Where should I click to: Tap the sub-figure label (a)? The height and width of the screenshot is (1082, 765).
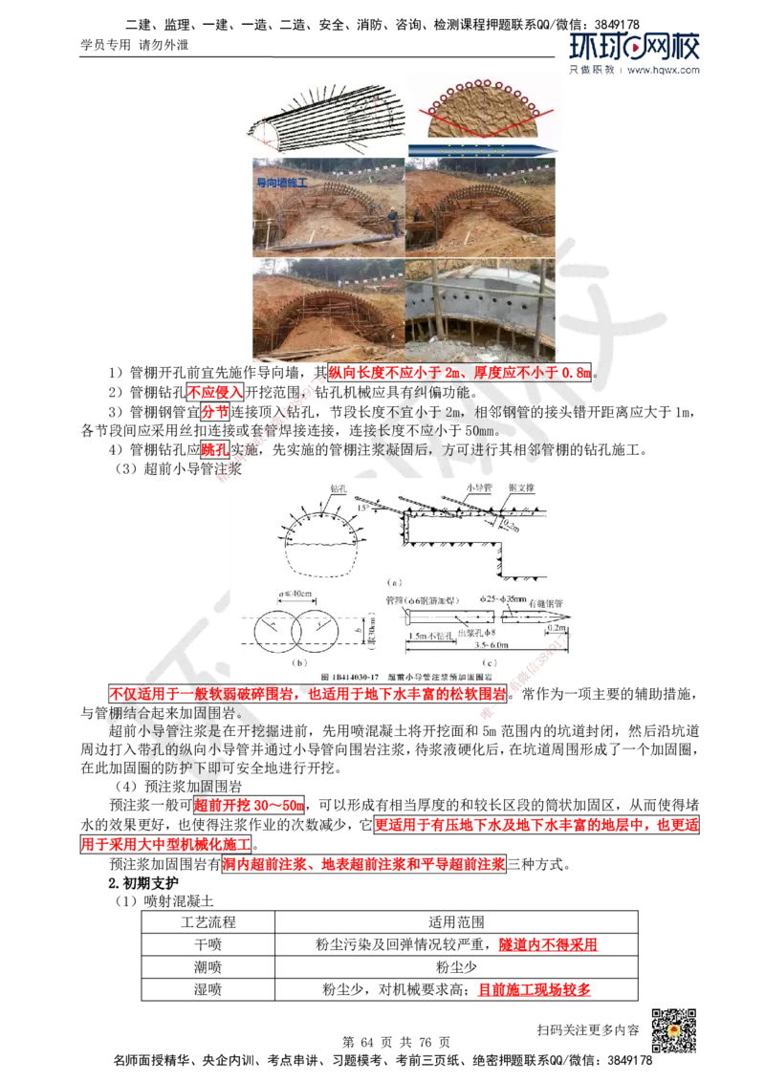[x=393, y=581]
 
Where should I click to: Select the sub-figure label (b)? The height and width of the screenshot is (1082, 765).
[x=300, y=660]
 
